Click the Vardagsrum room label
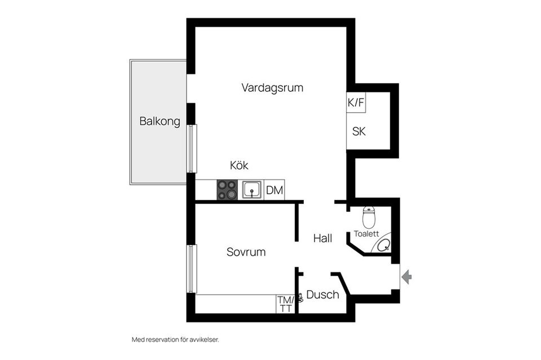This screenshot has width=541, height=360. tap(272, 88)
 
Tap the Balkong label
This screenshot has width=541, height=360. tap(160, 121)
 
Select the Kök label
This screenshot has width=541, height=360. tap(239, 166)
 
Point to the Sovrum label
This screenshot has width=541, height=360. tap(246, 252)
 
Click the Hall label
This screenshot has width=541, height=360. tap(322, 239)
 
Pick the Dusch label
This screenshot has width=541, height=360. tap(323, 295)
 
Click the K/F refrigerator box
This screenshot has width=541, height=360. tap(356, 103)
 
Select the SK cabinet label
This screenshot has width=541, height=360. tap(359, 132)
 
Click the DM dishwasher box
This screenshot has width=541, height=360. tap(274, 190)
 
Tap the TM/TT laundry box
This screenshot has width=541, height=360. tap(285, 304)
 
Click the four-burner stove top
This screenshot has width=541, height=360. tap(227, 189)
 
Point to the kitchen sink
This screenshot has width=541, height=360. tap(252, 190)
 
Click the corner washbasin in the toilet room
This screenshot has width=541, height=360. tap(385, 245)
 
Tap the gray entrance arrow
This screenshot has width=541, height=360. tap(406, 276)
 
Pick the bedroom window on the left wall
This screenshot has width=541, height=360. tap(192, 269)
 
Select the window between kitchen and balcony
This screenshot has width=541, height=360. tap(192, 149)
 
